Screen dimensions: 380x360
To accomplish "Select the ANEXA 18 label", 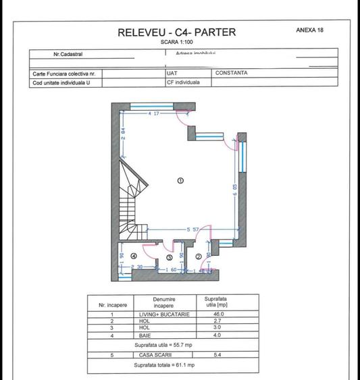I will point(309,30).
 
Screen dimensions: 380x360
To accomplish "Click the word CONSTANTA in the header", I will point(232,73).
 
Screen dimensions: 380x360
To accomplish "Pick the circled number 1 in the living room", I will point(180,180).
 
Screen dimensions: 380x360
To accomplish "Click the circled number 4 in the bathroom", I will point(134,256).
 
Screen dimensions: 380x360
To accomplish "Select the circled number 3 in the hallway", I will point(170,257).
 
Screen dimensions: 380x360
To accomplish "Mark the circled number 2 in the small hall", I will point(198,256).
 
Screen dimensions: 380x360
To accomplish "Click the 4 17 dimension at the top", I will point(154,114).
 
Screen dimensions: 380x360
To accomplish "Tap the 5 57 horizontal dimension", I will point(192,230).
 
